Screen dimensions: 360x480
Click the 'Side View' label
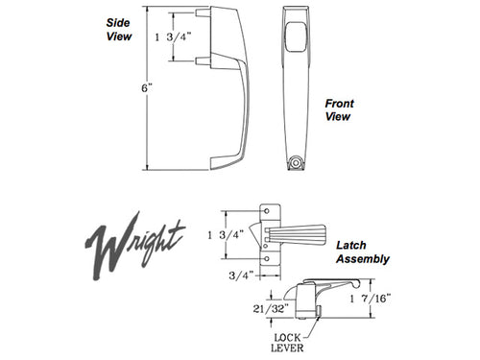118,30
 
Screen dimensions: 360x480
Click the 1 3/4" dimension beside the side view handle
173,37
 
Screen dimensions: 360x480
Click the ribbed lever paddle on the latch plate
306,234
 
